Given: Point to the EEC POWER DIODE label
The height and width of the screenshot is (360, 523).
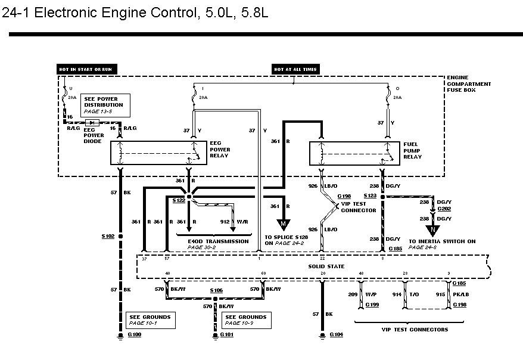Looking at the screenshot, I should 94,135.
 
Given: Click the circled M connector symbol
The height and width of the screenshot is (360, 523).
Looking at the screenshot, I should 284,224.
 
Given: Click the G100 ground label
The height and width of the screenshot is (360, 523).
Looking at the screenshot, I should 135,336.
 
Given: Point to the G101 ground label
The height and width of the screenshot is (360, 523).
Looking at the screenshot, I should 227,336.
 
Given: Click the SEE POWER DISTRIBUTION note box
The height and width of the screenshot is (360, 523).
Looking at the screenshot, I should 103,105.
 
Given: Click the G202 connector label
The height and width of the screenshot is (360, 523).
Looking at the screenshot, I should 444,209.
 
